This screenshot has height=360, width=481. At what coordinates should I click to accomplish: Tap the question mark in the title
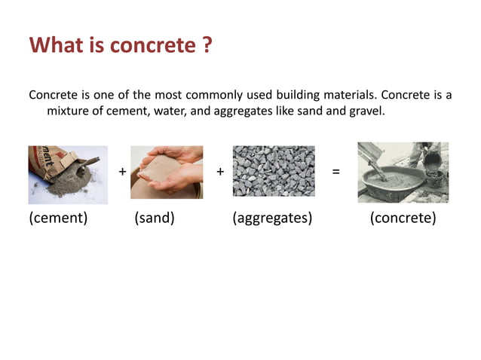(207, 45)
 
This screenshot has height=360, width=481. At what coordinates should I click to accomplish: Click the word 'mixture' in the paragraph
(69, 111)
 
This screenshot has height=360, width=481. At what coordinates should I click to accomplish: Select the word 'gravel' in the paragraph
(366, 111)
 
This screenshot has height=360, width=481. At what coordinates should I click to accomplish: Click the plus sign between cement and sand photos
(122, 172)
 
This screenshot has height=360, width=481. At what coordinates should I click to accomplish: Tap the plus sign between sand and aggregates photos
(220, 172)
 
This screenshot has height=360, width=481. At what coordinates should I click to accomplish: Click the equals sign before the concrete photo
(335, 172)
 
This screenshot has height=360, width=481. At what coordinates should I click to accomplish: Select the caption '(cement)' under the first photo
(58, 218)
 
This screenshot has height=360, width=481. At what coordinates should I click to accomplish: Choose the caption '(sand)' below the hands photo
(155, 218)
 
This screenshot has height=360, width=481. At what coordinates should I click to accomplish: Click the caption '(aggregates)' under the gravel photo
(272, 218)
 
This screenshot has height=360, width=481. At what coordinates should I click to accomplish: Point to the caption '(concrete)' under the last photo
(403, 218)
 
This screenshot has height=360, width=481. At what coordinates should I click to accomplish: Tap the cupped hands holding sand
(167, 172)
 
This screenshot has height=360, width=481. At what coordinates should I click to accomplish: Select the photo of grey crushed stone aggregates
(274, 171)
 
